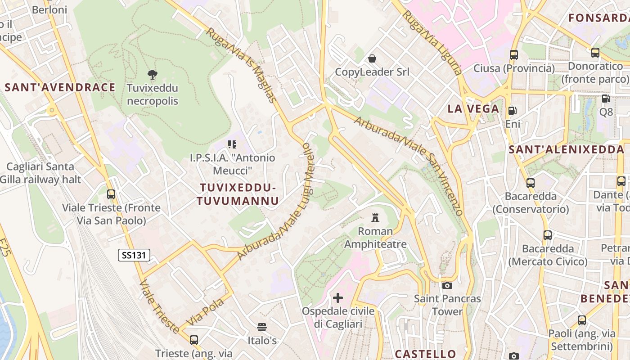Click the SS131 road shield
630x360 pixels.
pyautogui.click(x=134, y=255)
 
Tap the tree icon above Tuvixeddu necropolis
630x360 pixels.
pyautogui.click(x=153, y=74)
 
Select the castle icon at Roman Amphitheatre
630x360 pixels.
pyautogui.click(x=375, y=218)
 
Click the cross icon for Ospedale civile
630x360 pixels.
pyautogui.click(x=337, y=297)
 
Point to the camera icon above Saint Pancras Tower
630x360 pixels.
pyautogui.click(x=447, y=285)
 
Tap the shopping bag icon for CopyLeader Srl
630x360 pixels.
pyautogui.click(x=372, y=58)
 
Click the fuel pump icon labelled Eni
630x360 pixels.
pyautogui.click(x=512, y=111)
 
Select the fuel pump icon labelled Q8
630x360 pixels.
pyautogui.click(x=606, y=99)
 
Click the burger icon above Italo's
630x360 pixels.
pyautogui.click(x=262, y=327)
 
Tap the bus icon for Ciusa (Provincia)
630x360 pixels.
pyautogui.click(x=514, y=55)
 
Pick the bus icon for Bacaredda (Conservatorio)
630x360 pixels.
pyautogui.click(x=531, y=183)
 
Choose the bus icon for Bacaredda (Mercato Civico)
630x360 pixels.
pyautogui.click(x=548, y=235)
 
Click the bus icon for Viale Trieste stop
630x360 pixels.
pyautogui.click(x=111, y=194)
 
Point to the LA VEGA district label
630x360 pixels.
pyautogui.click(x=473, y=108)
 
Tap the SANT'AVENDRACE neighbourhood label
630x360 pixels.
pyautogui.click(x=60, y=87)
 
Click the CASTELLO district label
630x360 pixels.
pyautogui.click(x=425, y=354)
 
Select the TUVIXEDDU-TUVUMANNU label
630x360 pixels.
pyautogui.click(x=238, y=194)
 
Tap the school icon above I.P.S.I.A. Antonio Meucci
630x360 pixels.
pyautogui.click(x=232, y=144)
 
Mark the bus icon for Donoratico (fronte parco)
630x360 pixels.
pyautogui.click(x=595, y=53)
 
